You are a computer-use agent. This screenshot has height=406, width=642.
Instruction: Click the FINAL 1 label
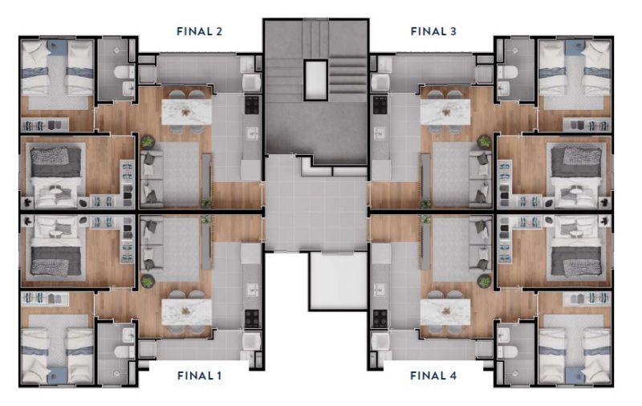tap(199, 376)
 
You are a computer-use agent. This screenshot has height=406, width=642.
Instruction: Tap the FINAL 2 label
tap(199, 31)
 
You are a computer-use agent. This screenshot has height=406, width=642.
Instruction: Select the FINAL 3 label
tap(433, 31)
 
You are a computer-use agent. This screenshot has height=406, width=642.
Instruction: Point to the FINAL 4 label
tap(433, 376)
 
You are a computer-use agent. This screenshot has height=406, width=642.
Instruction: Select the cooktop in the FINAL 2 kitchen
tap(252, 105)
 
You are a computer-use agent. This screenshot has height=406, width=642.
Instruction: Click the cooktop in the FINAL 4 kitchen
tap(380, 319)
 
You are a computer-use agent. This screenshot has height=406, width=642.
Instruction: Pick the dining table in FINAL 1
tap(187, 312)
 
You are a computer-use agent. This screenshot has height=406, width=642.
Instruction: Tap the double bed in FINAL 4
tap(576, 248)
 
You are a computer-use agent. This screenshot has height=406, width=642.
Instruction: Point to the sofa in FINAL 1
tap(152, 244)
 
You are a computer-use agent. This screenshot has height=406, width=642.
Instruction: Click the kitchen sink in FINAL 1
tap(252, 290)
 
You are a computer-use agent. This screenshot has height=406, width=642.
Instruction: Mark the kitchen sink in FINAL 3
tap(380, 133)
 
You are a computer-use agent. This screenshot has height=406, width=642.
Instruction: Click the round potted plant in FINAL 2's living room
tap(148, 141)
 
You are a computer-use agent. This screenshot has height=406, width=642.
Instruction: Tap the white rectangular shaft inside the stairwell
tap(315, 80)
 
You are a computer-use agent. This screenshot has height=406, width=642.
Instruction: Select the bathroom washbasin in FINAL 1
tap(128, 335)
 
